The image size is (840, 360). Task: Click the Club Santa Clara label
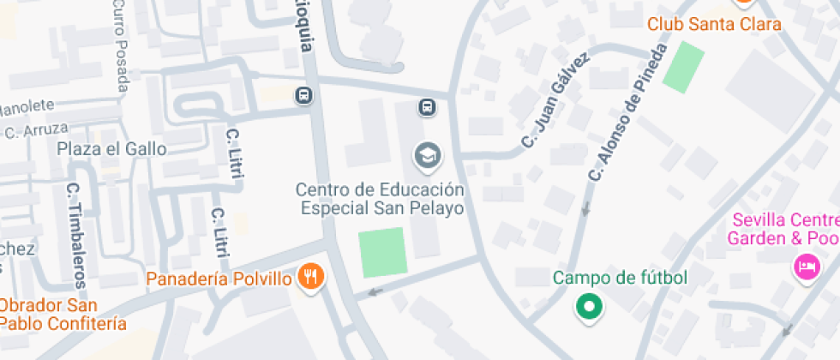point(714,24)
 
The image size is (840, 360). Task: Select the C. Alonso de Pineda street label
point(627,112)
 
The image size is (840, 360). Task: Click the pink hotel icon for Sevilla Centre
point(806,266)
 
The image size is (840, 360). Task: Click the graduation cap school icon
point(426,156)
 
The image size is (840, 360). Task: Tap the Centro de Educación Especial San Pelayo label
point(381,198)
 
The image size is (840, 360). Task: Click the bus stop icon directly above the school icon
point(427,107)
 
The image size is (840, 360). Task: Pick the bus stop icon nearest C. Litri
point(303,95)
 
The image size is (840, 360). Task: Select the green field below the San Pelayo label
point(382,252)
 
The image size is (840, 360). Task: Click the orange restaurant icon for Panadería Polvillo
point(310,276)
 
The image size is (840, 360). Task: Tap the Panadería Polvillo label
point(219,279)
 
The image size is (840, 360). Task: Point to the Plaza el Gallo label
point(111,149)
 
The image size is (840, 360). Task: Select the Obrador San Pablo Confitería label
point(62,315)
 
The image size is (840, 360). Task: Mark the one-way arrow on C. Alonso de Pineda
point(586,207)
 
